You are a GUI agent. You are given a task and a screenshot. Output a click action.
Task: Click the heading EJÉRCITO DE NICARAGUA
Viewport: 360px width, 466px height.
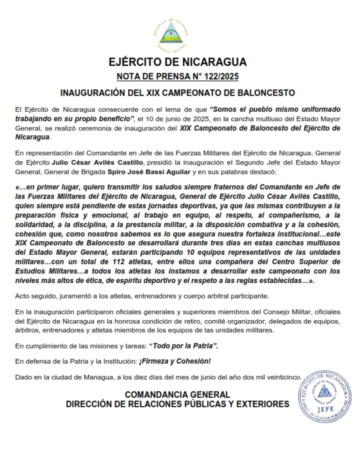178,62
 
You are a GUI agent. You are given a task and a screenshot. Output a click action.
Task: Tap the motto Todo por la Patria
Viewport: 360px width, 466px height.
183,346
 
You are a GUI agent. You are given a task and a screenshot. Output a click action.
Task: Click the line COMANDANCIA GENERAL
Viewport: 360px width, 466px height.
178,394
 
